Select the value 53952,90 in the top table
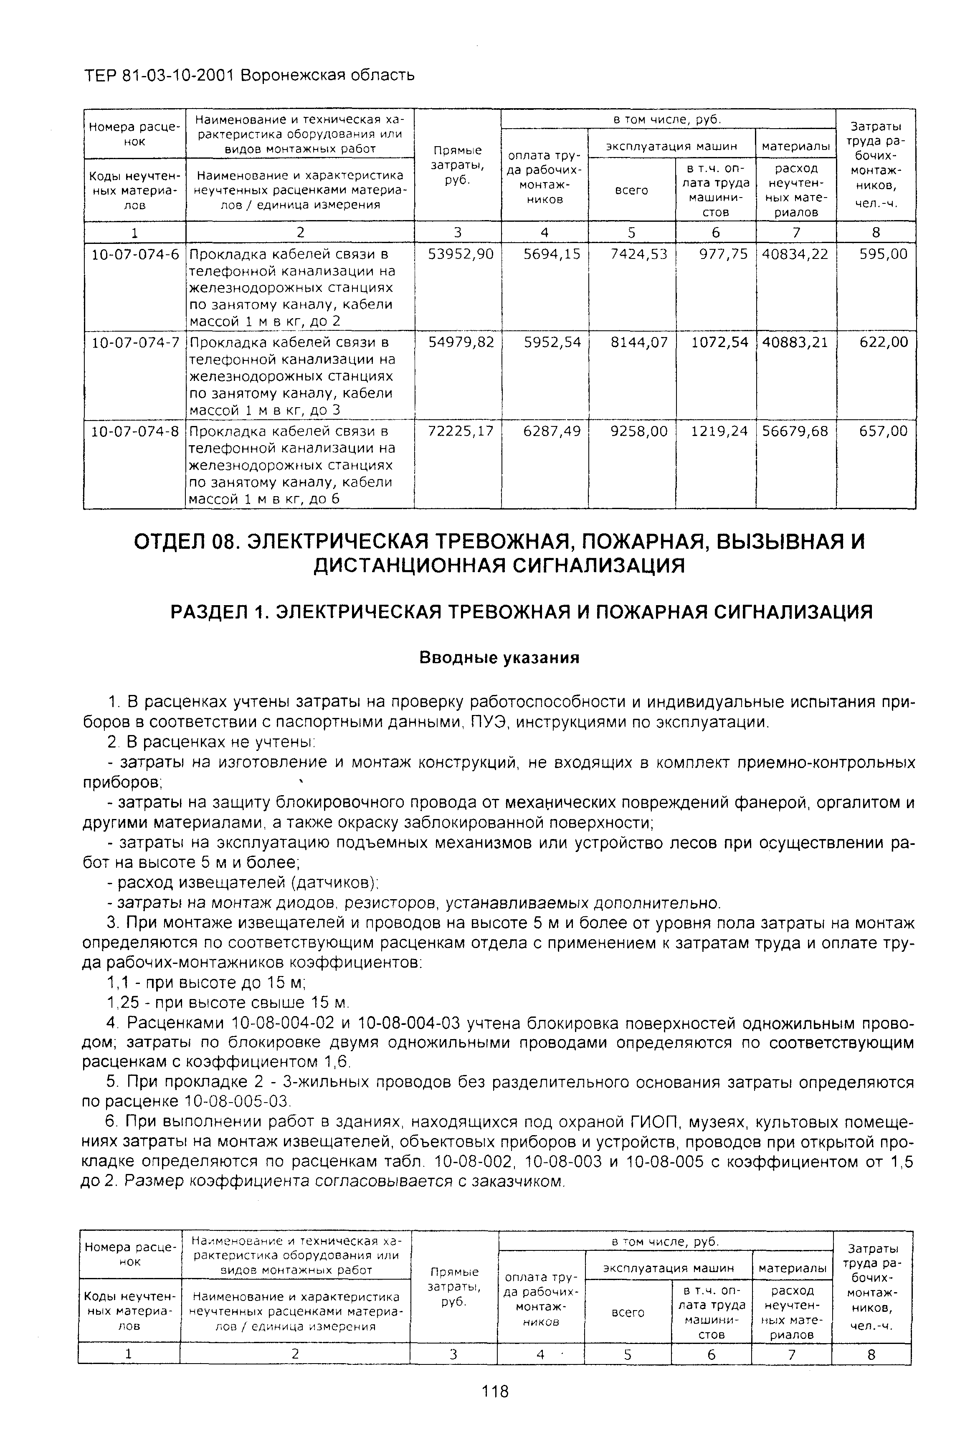[460, 254]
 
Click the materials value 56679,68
[795, 431]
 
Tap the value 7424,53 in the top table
[638, 254]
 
